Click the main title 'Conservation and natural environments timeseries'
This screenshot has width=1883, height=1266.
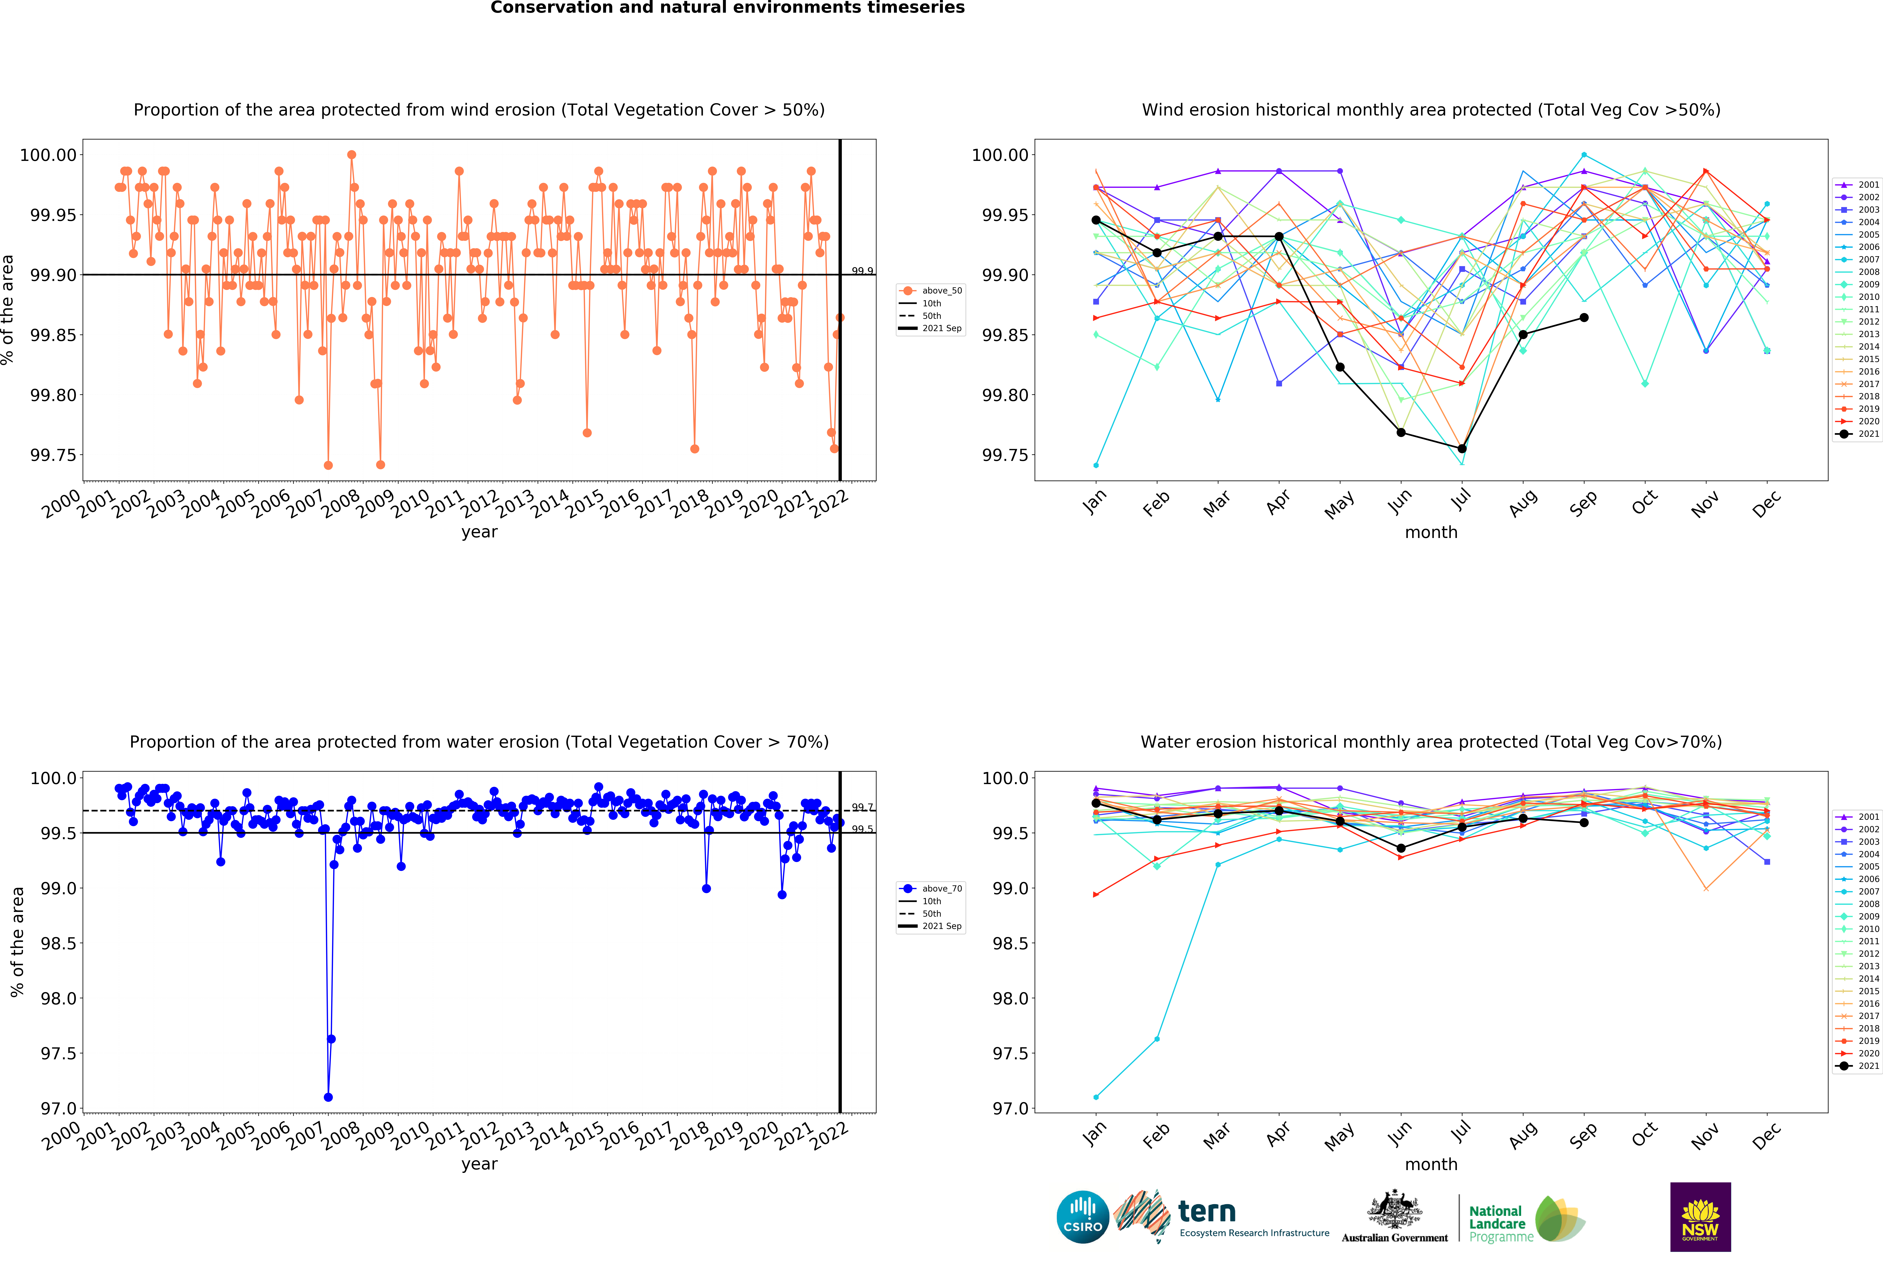click(727, 8)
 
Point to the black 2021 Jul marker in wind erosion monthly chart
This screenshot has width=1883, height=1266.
click(1462, 449)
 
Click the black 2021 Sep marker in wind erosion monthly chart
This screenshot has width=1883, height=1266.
click(1583, 318)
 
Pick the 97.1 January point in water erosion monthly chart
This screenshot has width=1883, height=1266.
click(1095, 1097)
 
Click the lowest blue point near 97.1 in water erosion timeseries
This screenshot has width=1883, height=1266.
click(328, 1097)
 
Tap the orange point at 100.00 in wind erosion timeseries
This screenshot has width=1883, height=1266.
click(351, 155)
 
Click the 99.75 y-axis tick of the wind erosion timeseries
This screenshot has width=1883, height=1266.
click(53, 455)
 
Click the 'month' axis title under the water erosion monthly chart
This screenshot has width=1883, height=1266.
click(1431, 1164)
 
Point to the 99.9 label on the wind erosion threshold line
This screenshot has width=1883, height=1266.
click(862, 271)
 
